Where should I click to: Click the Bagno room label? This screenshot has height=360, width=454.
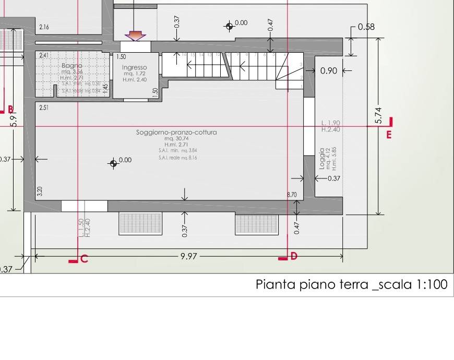click(x=72, y=66)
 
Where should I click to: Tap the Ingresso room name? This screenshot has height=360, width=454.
click(x=134, y=67)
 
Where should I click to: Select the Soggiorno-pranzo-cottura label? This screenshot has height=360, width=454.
click(x=176, y=133)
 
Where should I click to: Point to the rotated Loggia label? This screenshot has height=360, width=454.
click(x=322, y=158)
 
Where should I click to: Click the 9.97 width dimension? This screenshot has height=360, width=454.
click(x=188, y=257)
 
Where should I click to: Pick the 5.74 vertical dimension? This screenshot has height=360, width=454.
click(x=379, y=116)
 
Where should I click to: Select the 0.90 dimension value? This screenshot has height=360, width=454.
click(x=328, y=71)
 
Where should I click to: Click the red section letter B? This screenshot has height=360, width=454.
click(x=10, y=109)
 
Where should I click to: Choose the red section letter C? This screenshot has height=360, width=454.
click(x=84, y=258)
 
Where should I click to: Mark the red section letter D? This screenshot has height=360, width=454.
click(x=294, y=256)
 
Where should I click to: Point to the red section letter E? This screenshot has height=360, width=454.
click(x=389, y=135)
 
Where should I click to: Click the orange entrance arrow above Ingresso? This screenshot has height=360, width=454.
click(x=135, y=35)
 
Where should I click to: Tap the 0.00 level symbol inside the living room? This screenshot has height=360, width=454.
click(x=113, y=163)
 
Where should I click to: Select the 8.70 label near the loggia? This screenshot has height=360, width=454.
click(x=292, y=195)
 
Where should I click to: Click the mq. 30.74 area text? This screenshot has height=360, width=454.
click(x=176, y=139)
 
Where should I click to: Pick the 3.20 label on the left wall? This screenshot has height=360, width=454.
click(x=40, y=191)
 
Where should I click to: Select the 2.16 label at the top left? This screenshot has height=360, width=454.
click(x=44, y=27)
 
